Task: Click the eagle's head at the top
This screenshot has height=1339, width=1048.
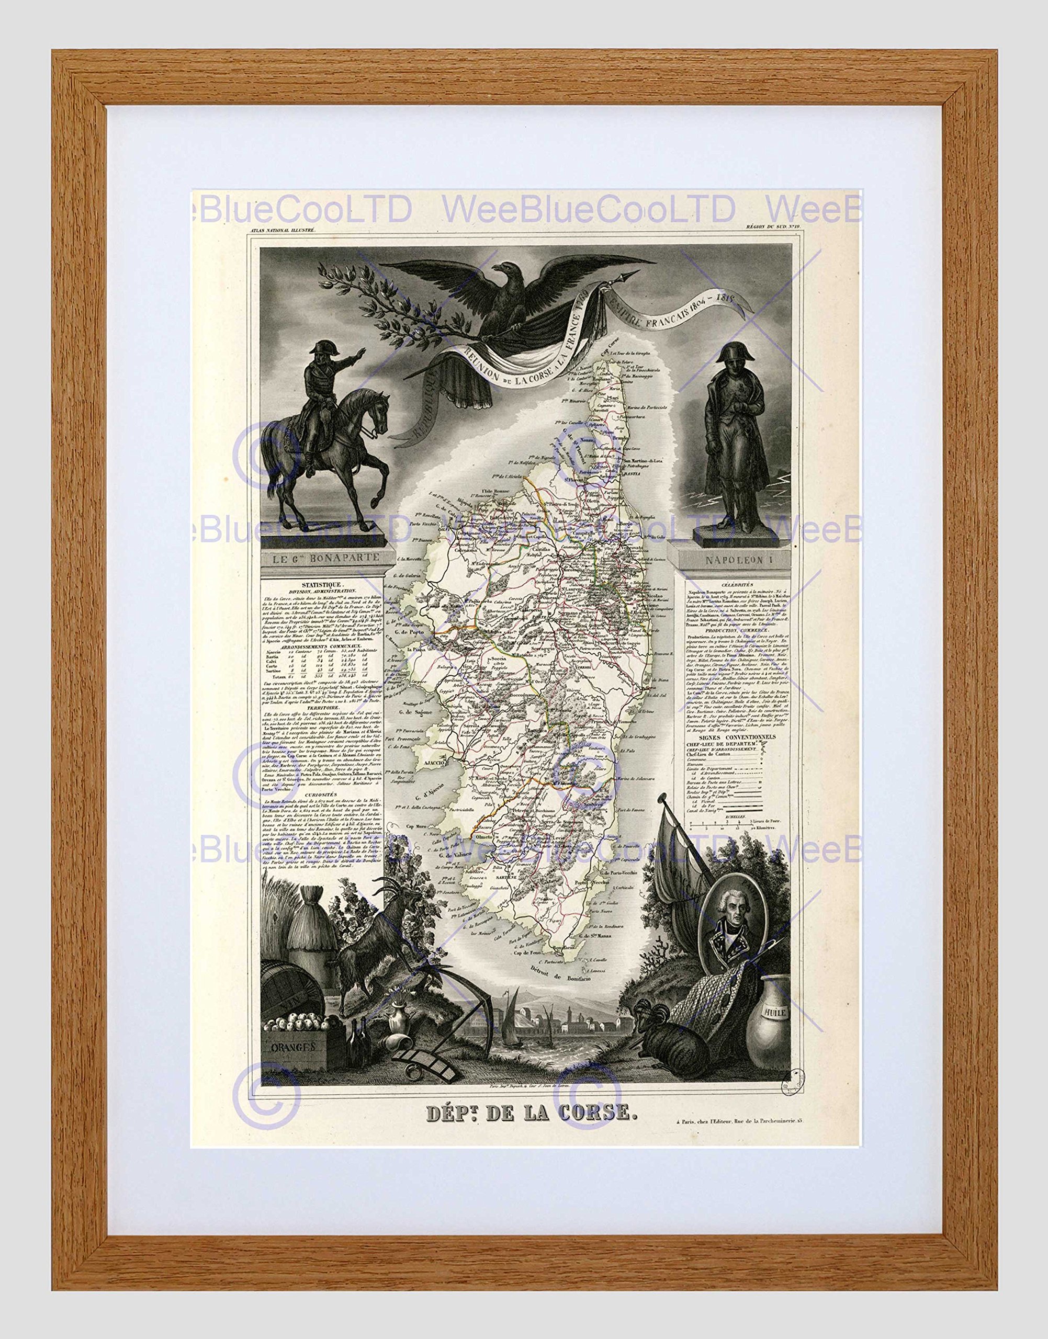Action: (507, 270)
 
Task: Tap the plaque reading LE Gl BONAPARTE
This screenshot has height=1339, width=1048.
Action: (323, 558)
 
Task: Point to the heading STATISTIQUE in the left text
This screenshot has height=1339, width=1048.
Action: (322, 585)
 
